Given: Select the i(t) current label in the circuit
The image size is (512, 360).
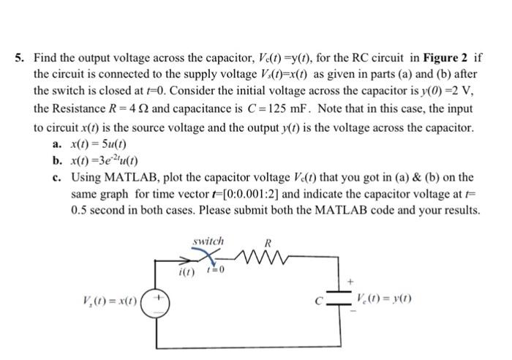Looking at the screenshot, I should (187, 273).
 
